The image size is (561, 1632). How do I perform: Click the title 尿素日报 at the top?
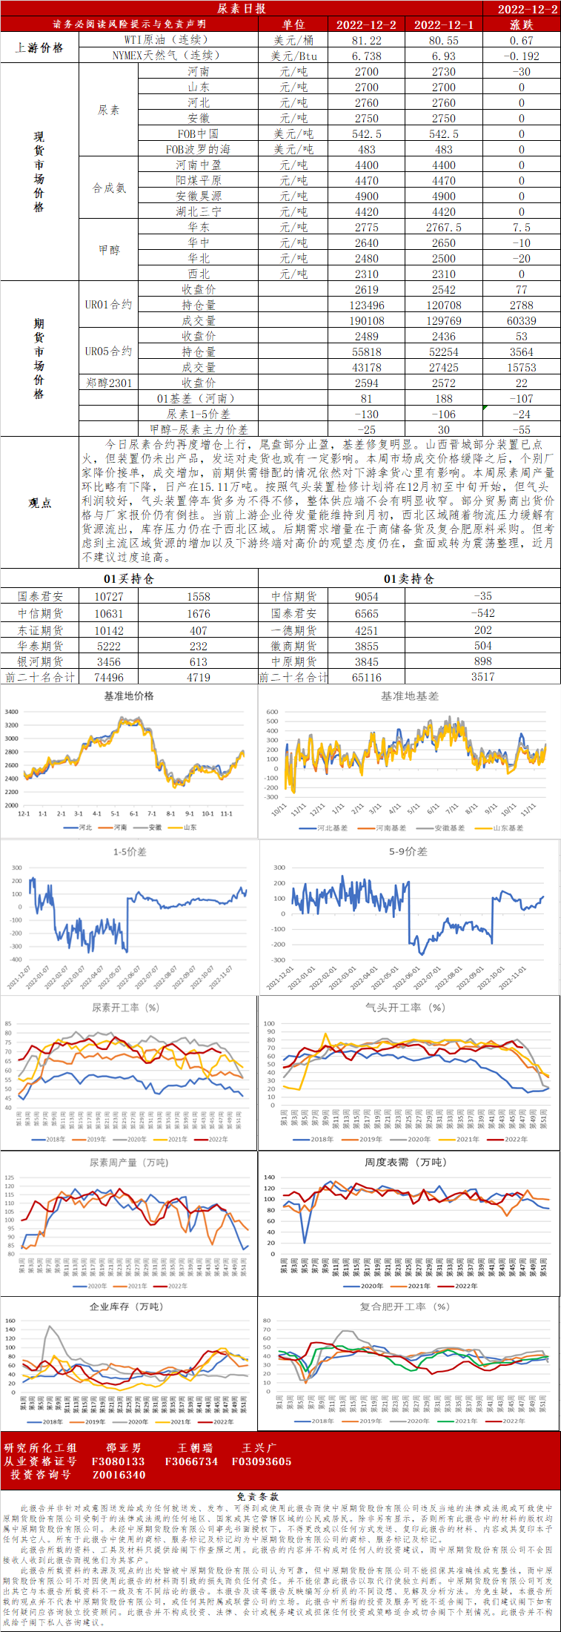(242, 8)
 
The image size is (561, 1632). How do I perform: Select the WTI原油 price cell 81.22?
(366, 40)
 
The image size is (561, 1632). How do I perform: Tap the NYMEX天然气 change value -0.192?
(521, 56)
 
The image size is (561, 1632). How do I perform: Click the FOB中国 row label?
(198, 133)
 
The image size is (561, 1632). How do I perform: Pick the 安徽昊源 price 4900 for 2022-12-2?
(366, 196)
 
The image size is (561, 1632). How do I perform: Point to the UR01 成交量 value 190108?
(366, 320)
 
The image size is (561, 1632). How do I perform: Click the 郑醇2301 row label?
(108, 383)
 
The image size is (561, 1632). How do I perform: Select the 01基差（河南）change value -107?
(521, 398)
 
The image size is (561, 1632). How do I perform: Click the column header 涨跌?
(521, 24)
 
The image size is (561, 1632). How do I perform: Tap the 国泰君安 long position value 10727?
(109, 596)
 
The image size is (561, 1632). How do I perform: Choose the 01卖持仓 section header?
(408, 578)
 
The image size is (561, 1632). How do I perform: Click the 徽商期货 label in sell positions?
(293, 646)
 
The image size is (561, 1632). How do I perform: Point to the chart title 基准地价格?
(129, 696)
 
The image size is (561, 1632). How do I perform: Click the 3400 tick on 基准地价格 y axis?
(12, 712)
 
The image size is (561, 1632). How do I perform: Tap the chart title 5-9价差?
(408, 851)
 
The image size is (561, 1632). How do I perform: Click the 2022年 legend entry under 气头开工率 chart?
(511, 1139)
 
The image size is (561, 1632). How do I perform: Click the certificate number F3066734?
(191, 1461)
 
